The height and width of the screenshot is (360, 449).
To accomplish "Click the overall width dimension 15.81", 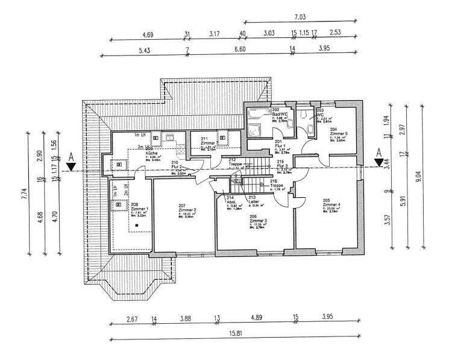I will pos(237,333).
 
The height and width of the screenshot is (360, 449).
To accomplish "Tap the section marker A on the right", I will pos(378,153).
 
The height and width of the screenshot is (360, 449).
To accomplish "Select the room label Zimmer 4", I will pos(331,205).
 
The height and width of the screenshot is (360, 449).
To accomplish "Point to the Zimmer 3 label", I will pos(258,221).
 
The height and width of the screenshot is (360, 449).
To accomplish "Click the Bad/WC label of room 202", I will pos(281,115).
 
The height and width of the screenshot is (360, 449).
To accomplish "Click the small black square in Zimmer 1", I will pos(137,225).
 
